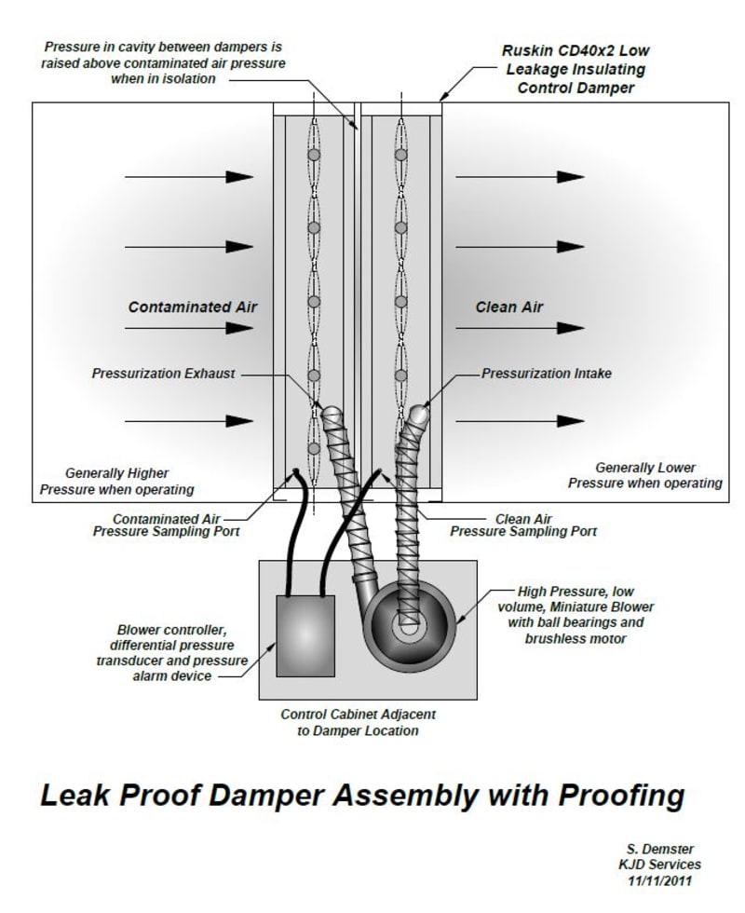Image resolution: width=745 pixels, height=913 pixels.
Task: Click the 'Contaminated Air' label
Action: click(192, 307)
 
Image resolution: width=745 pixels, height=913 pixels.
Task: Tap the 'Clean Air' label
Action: click(508, 307)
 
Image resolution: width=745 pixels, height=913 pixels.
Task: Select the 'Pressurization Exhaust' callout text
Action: click(164, 374)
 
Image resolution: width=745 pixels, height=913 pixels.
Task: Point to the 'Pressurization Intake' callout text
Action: click(546, 374)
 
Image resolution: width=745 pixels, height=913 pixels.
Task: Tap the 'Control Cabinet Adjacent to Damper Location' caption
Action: click(358, 723)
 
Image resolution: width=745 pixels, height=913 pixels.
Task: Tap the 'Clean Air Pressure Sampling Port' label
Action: click(523, 525)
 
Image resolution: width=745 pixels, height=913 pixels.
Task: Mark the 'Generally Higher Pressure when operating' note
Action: click(129, 481)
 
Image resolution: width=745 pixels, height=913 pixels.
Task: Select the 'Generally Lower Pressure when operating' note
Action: click(644, 475)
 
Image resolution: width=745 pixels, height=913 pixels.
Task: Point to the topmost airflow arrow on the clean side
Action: click(519, 177)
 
